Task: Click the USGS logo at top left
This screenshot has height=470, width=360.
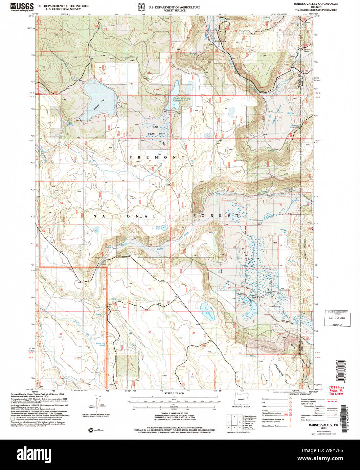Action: pos(22,7)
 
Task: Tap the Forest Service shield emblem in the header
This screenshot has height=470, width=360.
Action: pos(140,7)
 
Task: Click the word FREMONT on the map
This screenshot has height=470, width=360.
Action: pos(157,158)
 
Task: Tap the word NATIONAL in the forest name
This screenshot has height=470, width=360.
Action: pos(124,216)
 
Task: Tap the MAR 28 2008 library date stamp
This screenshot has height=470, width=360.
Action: pos(337,318)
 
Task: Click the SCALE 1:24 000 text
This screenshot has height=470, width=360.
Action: pos(173,393)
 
